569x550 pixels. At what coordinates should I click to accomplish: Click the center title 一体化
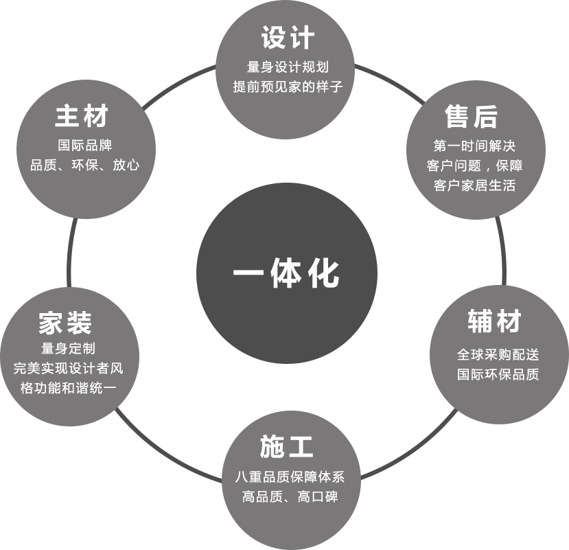click(x=286, y=273)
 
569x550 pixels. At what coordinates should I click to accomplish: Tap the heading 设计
click(x=288, y=38)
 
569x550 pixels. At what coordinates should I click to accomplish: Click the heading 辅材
click(x=495, y=321)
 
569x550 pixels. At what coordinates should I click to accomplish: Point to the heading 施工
click(x=287, y=447)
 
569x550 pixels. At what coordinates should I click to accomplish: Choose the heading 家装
click(x=65, y=323)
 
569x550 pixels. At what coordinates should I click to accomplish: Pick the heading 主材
click(x=82, y=116)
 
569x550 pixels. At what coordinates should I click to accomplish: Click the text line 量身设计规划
click(x=288, y=67)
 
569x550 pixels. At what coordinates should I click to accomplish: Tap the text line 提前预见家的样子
click(x=288, y=87)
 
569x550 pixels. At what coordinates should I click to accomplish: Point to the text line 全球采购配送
click(x=498, y=354)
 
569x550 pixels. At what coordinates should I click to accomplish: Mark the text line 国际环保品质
click(x=498, y=374)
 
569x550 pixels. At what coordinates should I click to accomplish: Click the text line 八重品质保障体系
click(x=290, y=477)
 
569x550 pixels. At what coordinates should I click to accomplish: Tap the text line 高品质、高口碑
click(x=290, y=496)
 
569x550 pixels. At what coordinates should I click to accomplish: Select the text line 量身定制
click(x=68, y=348)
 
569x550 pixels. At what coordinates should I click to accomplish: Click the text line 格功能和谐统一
click(x=68, y=388)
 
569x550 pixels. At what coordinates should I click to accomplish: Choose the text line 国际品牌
click(x=84, y=145)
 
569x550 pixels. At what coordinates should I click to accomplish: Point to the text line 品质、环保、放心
click(x=84, y=165)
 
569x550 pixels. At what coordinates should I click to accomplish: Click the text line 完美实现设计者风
click(x=68, y=368)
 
